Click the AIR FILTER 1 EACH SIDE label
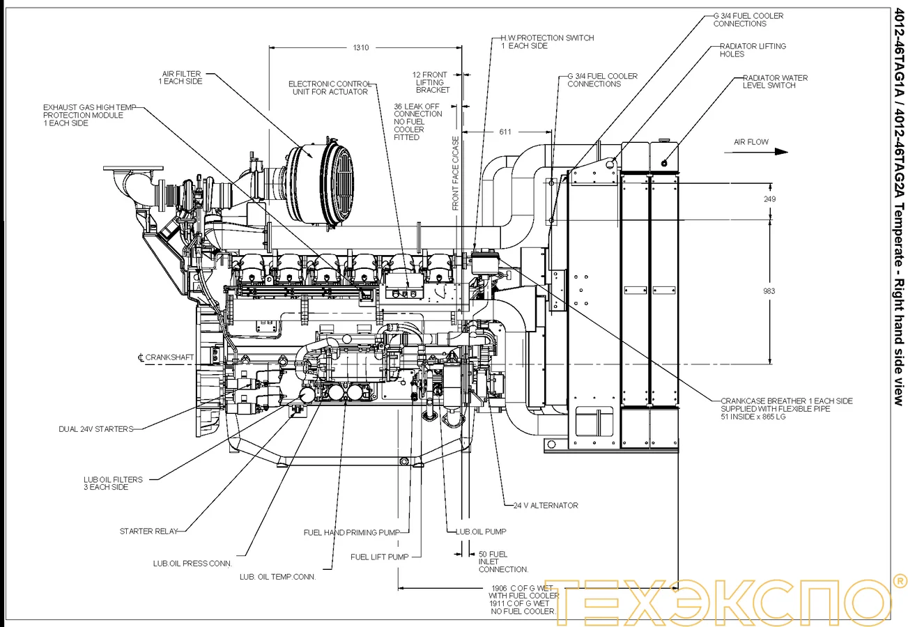(182, 77)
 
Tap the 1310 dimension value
(360, 47)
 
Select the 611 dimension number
(505, 132)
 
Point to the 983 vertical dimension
(769, 291)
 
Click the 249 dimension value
(769, 199)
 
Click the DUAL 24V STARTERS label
(95, 429)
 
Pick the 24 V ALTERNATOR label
(546, 505)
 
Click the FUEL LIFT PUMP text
(379, 557)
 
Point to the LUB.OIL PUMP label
(481, 532)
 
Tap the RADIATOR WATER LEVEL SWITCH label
(775, 82)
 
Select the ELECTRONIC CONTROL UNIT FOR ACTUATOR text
(328, 88)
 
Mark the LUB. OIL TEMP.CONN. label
(277, 576)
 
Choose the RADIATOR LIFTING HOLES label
(753, 50)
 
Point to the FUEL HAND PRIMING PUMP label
(351, 532)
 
